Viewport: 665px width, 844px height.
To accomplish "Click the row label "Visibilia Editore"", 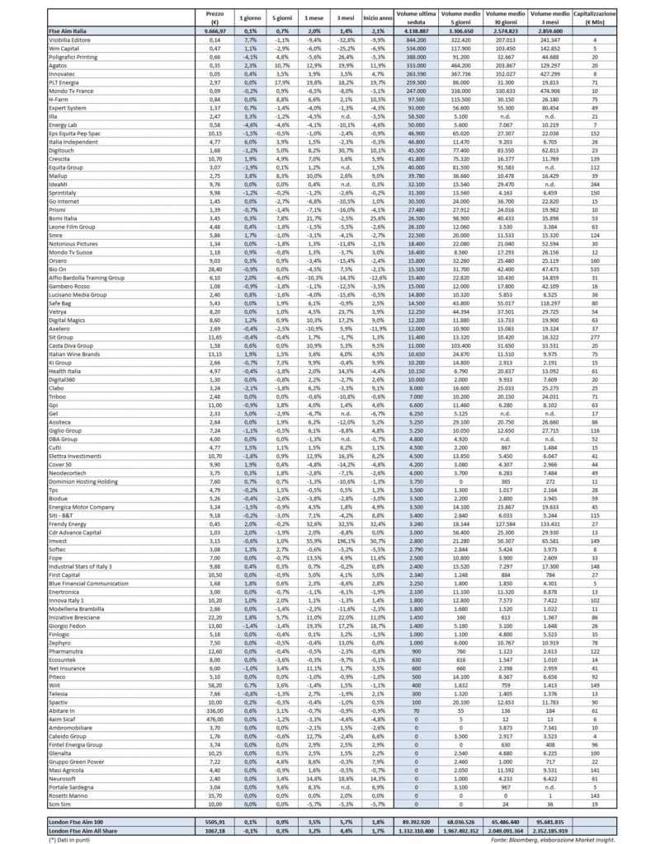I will (69, 39).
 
